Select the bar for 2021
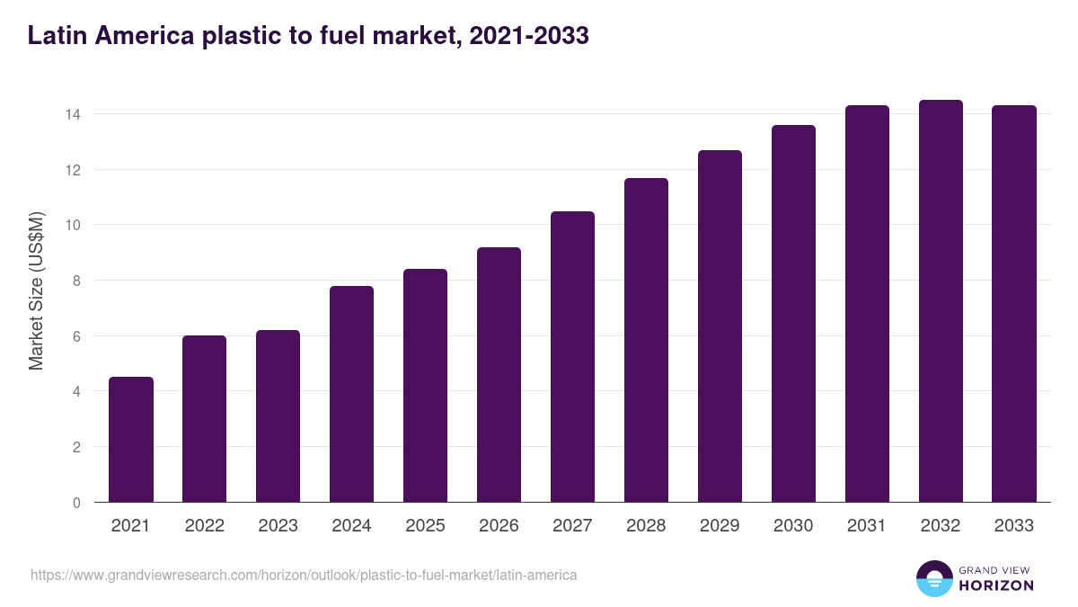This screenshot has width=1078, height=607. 131,440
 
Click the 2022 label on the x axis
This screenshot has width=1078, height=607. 205,526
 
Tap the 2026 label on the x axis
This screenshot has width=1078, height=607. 499,526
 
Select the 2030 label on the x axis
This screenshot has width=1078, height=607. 793,526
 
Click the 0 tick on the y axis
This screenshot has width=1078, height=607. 76,503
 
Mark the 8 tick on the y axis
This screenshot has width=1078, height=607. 76,281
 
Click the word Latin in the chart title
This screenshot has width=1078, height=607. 56,35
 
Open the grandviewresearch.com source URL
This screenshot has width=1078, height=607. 304,575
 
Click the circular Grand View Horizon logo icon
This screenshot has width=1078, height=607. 933,578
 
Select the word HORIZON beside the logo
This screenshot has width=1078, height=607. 996,585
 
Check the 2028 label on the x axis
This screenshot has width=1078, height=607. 646,526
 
